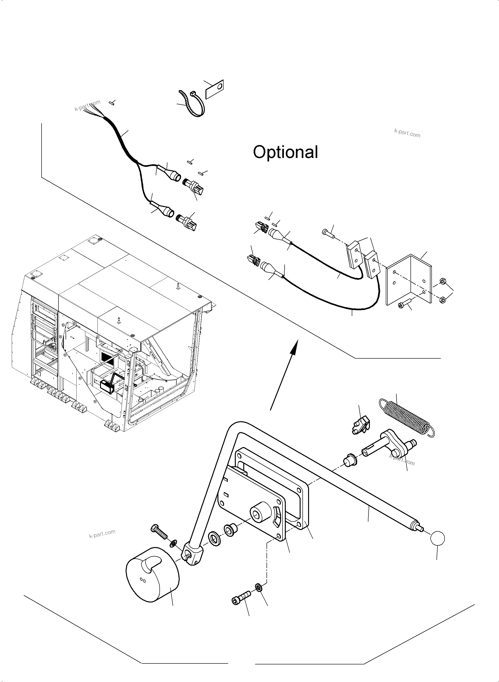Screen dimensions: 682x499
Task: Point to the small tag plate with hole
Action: coord(214,89)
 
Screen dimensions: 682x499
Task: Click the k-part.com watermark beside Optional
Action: coord(407,133)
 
